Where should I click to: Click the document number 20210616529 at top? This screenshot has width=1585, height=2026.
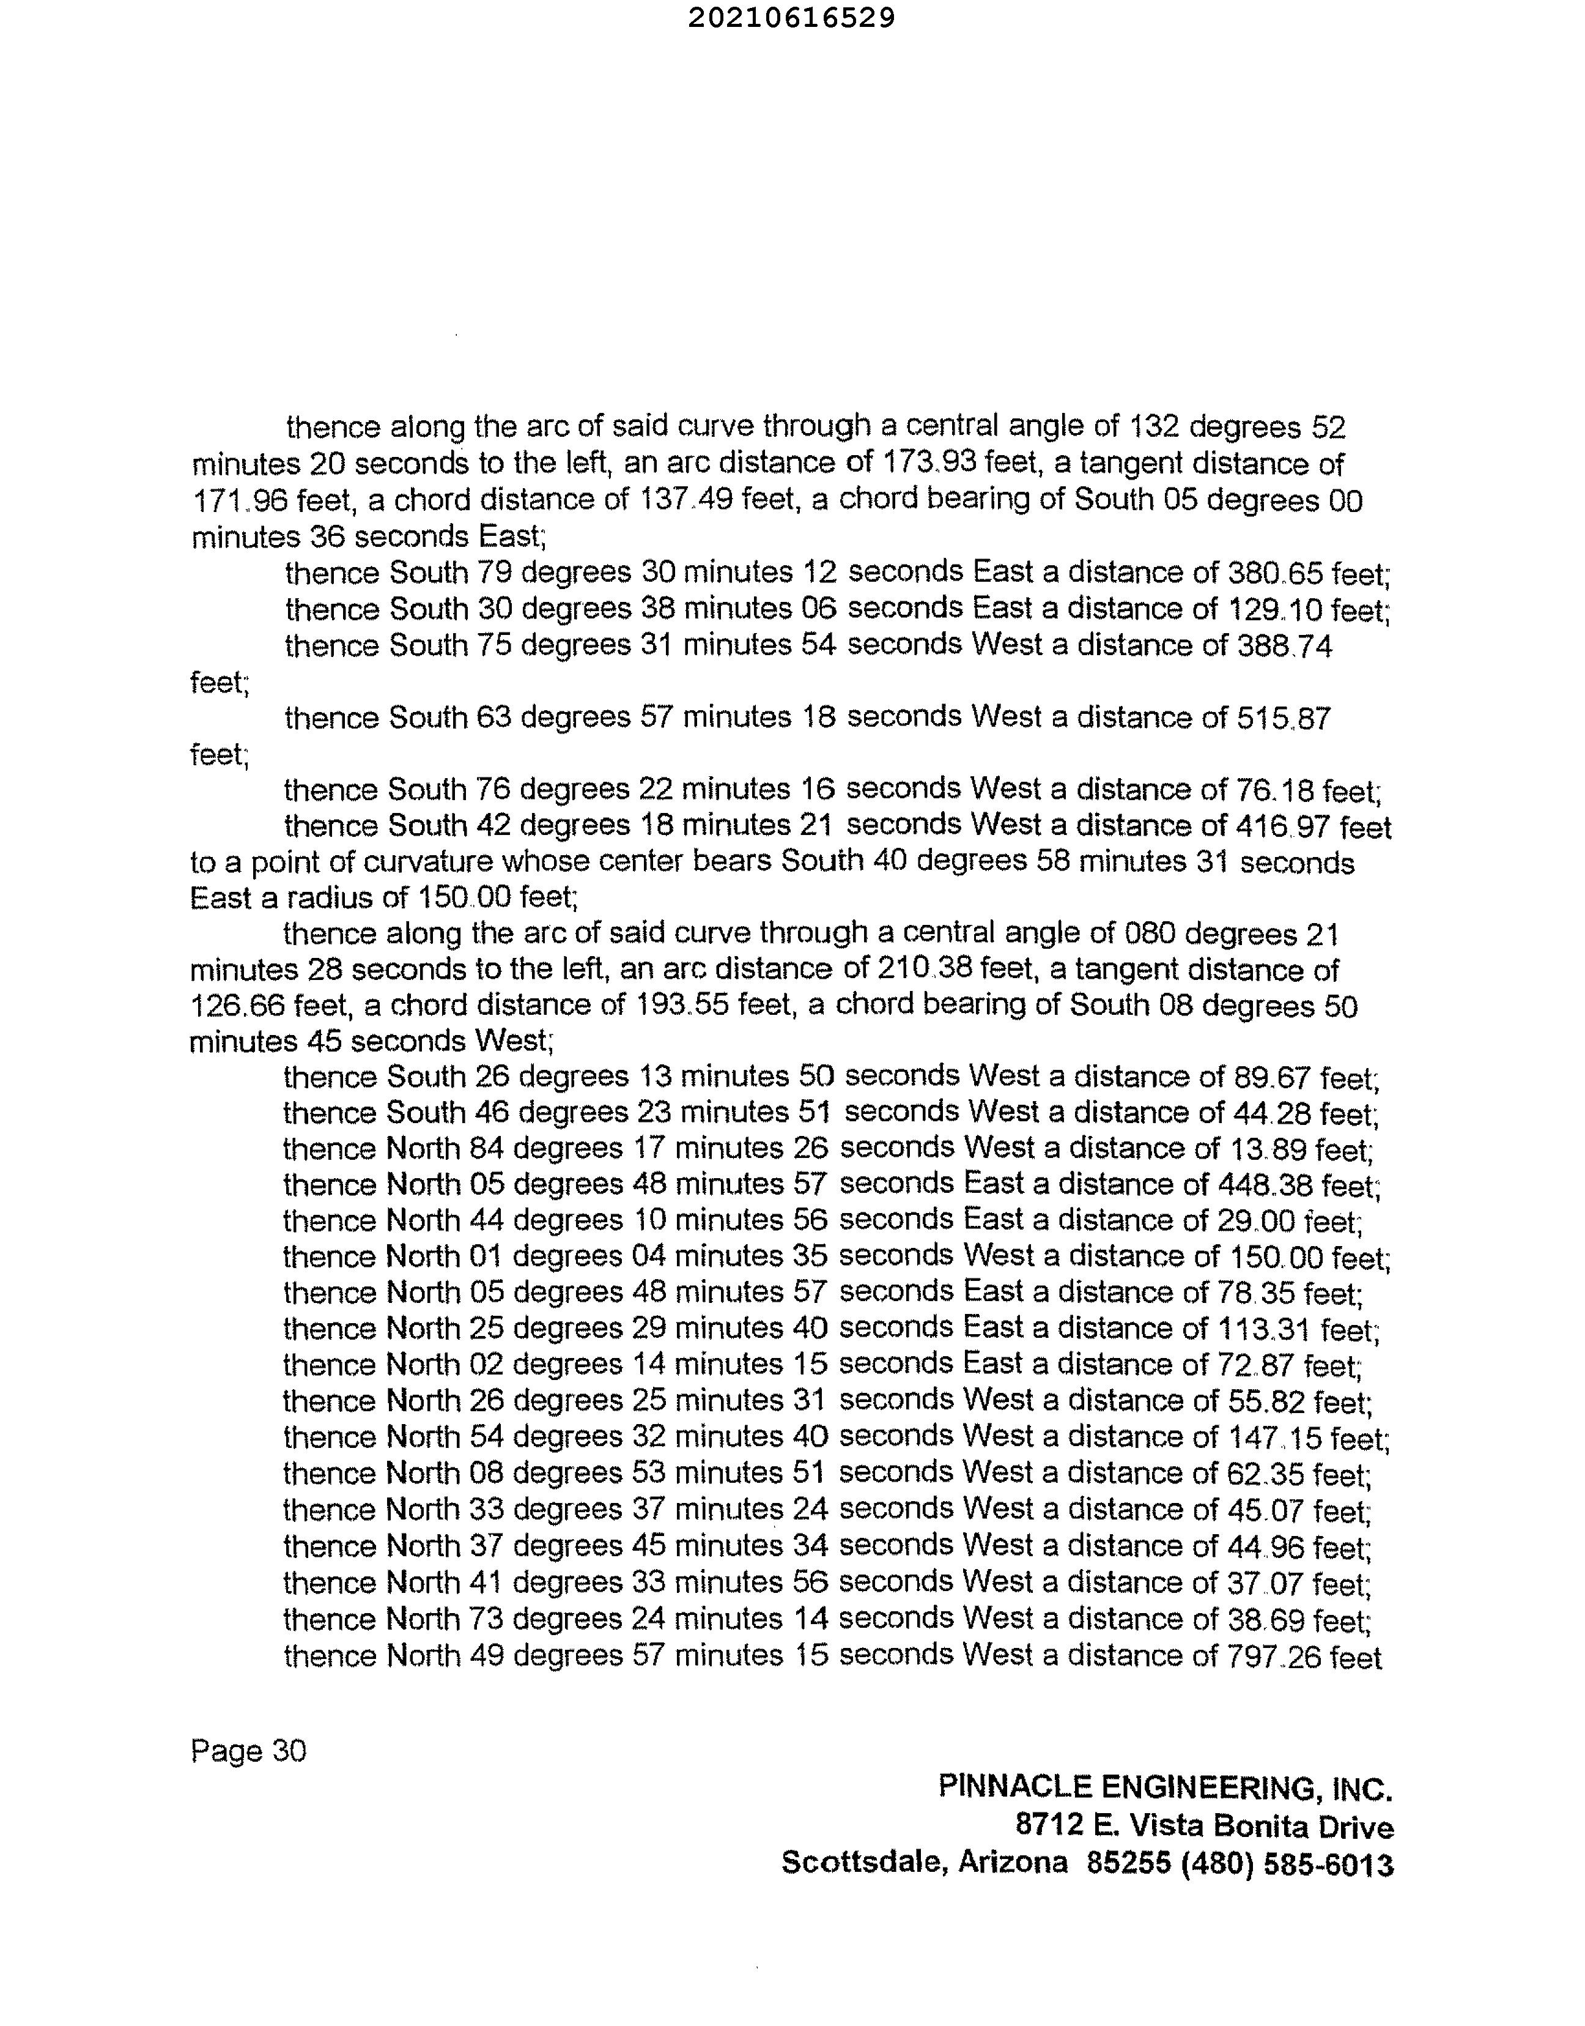click(x=791, y=18)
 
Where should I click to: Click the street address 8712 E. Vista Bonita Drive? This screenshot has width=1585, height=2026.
click(x=1203, y=1825)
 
